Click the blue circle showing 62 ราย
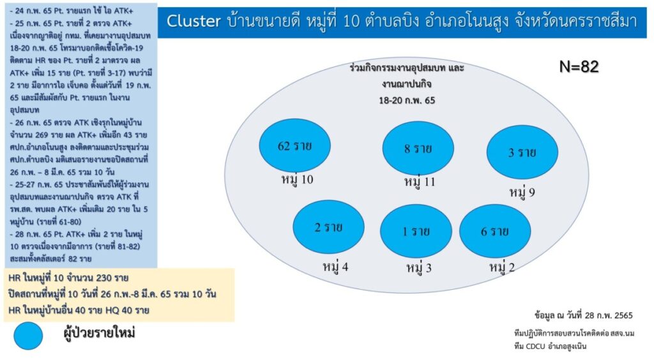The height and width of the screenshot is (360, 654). pyautogui.click(x=295, y=146)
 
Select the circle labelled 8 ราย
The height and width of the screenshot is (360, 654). pyautogui.click(x=418, y=148)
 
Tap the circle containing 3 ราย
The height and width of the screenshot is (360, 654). pyautogui.click(x=522, y=152)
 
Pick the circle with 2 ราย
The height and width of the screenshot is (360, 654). pyautogui.click(x=329, y=227)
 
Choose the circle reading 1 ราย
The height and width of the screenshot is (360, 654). pyautogui.click(x=416, y=231)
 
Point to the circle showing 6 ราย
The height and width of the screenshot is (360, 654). pyautogui.click(x=495, y=231)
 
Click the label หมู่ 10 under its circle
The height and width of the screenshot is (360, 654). pyautogui.click(x=297, y=180)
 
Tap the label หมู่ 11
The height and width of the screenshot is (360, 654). pyautogui.click(x=420, y=182)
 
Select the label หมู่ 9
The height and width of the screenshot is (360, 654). pyautogui.click(x=522, y=193)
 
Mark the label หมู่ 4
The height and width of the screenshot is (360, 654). pyautogui.click(x=335, y=266)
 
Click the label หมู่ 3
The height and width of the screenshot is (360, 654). pyautogui.click(x=419, y=267)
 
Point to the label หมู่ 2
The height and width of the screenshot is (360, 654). pyautogui.click(x=502, y=266)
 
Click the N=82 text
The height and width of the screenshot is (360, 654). pyautogui.click(x=579, y=66)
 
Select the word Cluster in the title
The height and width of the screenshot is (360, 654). pyautogui.click(x=194, y=21)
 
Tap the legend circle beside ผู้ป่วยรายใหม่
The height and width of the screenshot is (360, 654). pyautogui.click(x=28, y=336)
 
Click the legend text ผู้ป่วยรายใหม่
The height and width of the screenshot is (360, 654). pyautogui.click(x=99, y=333)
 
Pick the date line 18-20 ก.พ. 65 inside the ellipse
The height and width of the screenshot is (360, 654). pyautogui.click(x=407, y=100)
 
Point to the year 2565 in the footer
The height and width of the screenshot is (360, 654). pyautogui.click(x=621, y=315)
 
